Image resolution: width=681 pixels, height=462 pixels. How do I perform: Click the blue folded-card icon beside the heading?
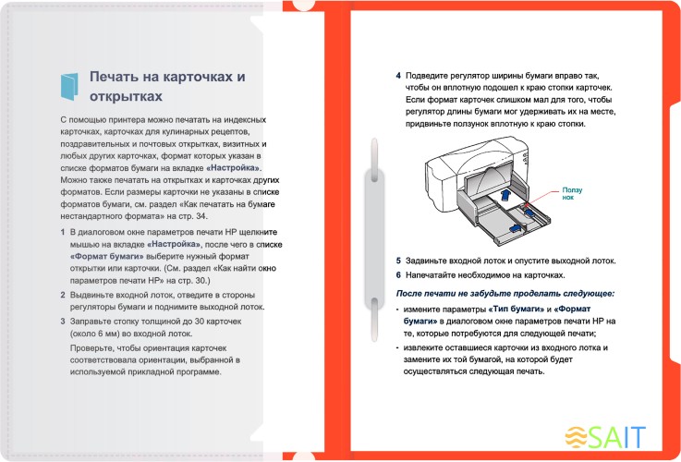point(69,86)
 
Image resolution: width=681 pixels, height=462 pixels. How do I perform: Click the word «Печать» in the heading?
point(116,77)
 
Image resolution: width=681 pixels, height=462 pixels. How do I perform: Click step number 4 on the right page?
point(398,75)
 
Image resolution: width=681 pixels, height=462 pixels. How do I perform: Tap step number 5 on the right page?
point(398,261)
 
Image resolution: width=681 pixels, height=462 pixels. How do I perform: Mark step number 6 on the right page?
point(398,274)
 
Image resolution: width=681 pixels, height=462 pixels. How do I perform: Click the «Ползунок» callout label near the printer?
point(571,193)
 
